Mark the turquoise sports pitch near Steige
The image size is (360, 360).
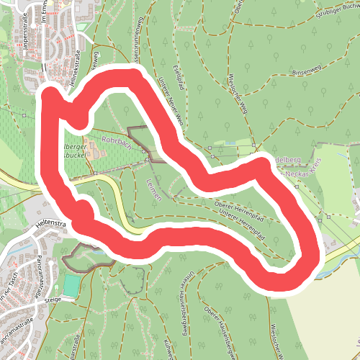pyautogui.click(x=71, y=285)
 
